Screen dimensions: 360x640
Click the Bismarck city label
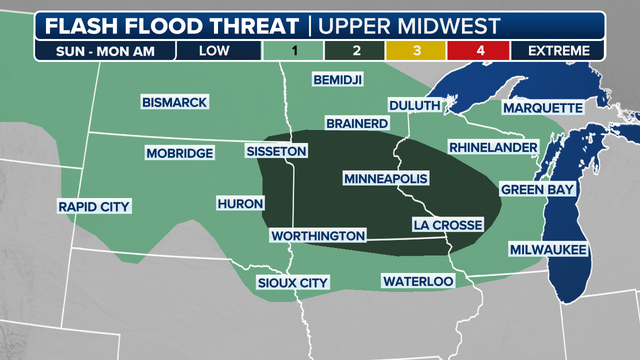tap(174, 102)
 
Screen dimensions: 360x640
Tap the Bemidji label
tap(337, 79)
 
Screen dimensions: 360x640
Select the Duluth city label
tap(414, 105)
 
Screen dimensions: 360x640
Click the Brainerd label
tap(356, 123)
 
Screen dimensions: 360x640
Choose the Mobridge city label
tap(179, 153)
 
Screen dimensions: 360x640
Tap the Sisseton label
tap(276, 151)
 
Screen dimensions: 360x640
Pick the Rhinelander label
tap(493, 147)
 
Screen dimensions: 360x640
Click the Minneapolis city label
tap(385, 178)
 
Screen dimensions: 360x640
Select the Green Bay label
tap(537, 189)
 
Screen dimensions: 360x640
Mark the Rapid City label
tap(94, 206)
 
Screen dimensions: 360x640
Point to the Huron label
tap(240, 203)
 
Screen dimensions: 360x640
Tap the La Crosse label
tap(447, 225)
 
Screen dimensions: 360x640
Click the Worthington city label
tap(318, 235)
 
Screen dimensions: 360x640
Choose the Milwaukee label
tap(547, 249)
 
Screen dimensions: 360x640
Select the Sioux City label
tap(292, 282)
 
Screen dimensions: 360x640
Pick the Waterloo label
tap(418, 281)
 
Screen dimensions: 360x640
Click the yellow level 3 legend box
tap(416, 50)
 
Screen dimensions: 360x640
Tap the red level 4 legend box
tap(478, 50)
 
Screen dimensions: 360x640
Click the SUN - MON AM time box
tap(105, 50)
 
